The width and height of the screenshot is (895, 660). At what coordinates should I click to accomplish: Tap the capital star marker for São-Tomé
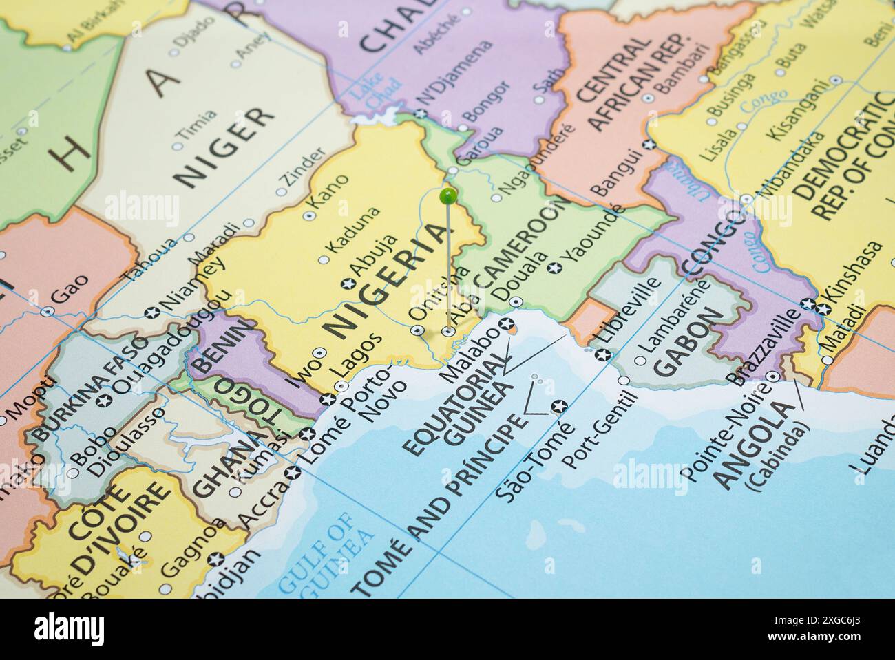click(x=560, y=405)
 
